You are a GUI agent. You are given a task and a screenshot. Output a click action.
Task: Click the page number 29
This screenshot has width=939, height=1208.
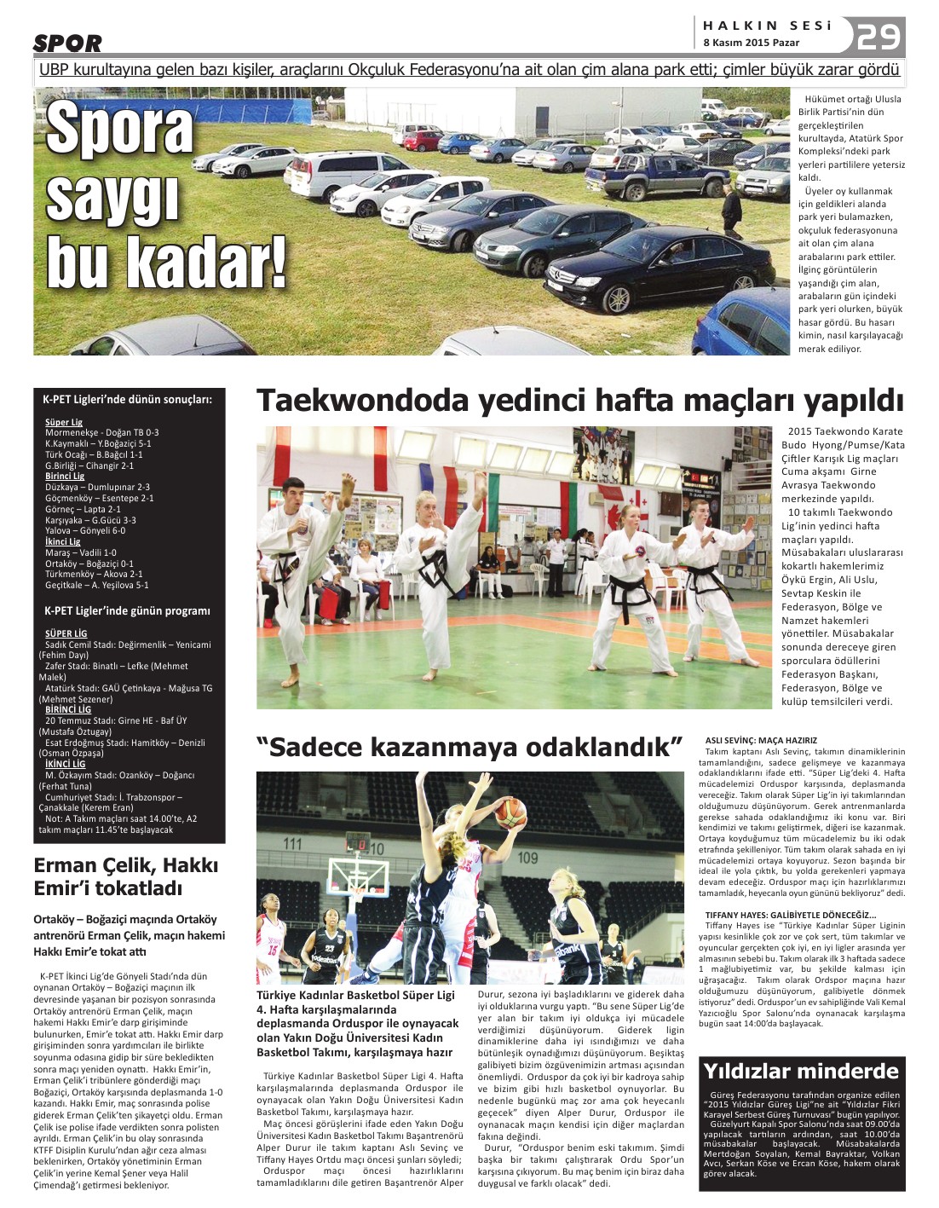pyautogui.click(x=878, y=37)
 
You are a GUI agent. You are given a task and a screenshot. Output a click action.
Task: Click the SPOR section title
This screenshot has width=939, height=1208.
pyautogui.click(x=67, y=43)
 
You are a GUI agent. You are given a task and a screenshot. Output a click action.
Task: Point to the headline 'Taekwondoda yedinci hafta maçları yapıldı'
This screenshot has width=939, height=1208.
pyautogui.click(x=579, y=400)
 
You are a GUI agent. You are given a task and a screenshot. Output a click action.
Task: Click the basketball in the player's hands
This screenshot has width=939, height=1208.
pyautogui.click(x=510, y=812)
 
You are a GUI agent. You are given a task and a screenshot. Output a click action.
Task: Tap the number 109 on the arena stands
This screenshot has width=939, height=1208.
pyautogui.click(x=528, y=857)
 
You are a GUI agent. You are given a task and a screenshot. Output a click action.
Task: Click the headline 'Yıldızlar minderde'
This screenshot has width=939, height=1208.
pyautogui.click(x=800, y=1071)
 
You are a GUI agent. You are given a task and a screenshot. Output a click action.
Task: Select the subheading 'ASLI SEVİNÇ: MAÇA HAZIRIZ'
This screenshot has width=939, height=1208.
pyautogui.click(x=761, y=741)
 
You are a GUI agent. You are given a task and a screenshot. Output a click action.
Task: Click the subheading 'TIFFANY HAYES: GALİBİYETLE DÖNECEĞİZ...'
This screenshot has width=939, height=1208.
pyautogui.click(x=790, y=915)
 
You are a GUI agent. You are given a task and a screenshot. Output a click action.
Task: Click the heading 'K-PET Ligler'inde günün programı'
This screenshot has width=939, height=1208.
pyautogui.click(x=127, y=610)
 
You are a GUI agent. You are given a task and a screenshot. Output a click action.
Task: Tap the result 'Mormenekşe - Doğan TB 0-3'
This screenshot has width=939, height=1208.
pyautogui.click(x=101, y=432)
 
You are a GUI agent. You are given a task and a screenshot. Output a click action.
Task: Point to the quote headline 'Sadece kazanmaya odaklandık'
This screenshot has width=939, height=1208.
pyautogui.click(x=469, y=748)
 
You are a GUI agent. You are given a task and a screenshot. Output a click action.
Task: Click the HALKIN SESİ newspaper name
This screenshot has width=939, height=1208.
pyautogui.click(x=767, y=26)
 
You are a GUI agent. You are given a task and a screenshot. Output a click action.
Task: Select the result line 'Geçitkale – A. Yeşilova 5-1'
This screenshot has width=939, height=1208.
pyautogui.click(x=96, y=585)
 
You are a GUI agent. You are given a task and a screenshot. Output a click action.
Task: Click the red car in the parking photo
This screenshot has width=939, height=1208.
pyautogui.click(x=423, y=141)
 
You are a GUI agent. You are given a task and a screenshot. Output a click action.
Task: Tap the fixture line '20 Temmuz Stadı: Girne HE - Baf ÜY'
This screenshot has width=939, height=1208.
pyautogui.click(x=116, y=720)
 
